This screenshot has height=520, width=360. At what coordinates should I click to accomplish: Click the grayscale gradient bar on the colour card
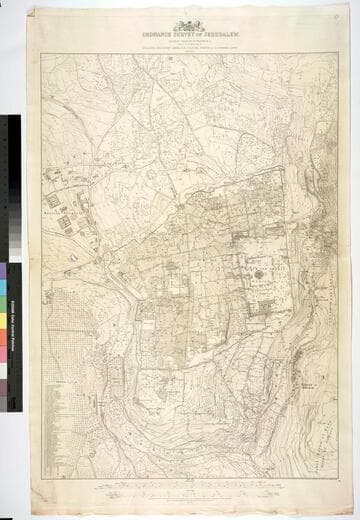[13, 160]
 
